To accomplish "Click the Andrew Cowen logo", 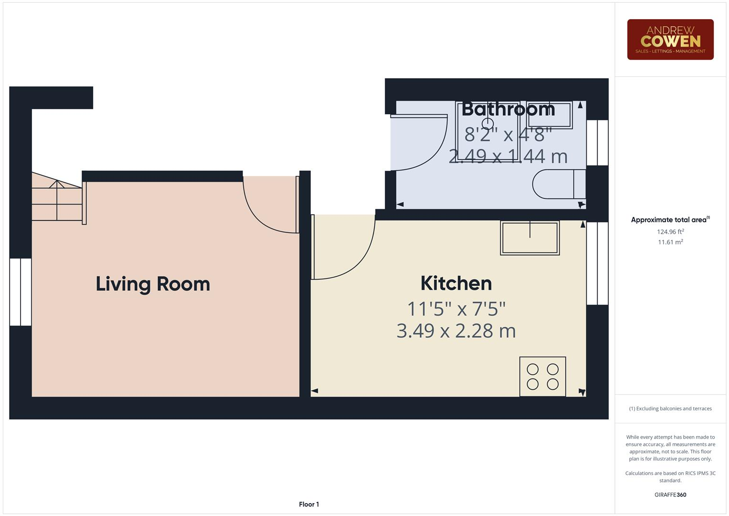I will click(670, 40).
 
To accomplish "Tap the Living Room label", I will click(153, 284).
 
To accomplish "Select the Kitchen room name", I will click(456, 283).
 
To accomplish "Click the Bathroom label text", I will click(508, 109).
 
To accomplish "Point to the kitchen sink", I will click(529, 237).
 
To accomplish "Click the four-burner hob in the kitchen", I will click(542, 376).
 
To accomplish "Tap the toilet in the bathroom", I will click(559, 184).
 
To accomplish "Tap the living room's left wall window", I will click(21, 292).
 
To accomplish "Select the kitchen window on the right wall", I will click(597, 263).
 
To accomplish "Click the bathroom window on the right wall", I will click(597, 142).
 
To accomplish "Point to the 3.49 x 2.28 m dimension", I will click(456, 331).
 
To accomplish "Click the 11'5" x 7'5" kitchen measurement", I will click(456, 309).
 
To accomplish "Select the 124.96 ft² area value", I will click(670, 232).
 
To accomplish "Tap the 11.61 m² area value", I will click(670, 242).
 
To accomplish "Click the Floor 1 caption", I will click(309, 504).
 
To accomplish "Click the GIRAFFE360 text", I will click(670, 494).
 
